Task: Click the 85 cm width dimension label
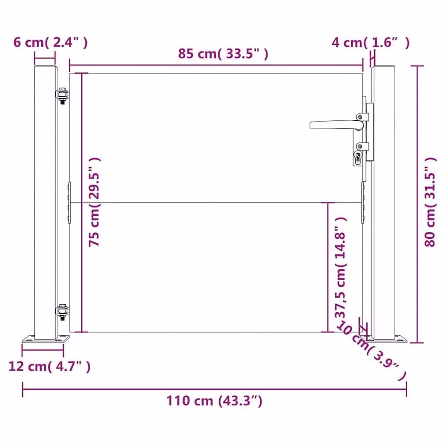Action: pyautogui.click(x=223, y=54)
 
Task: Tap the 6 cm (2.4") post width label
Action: pyautogui.click(x=51, y=43)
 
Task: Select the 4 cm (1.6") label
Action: pyautogui.click(x=370, y=43)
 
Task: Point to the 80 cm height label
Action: pyautogui.click(x=430, y=202)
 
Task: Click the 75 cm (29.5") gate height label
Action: pyautogui.click(x=94, y=202)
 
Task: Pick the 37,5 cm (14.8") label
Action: pyautogui.click(x=341, y=268)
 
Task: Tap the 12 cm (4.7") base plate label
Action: pyautogui.click(x=50, y=366)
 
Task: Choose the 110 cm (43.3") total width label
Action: pyautogui.click(x=214, y=401)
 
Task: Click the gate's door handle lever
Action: pyautogui.click(x=337, y=125)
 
